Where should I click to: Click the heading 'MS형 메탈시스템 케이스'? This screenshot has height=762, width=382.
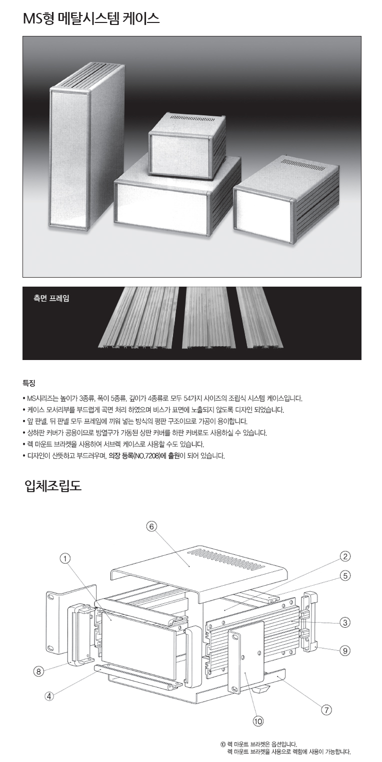tap(91, 18)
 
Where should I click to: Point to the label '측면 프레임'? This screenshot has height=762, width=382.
tap(51, 298)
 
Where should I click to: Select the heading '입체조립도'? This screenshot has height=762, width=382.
tap(53, 485)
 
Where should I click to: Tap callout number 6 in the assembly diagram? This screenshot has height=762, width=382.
tap(151, 527)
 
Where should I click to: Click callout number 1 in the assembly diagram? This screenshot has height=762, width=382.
tap(64, 558)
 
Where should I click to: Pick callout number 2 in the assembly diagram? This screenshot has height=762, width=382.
tap(345, 556)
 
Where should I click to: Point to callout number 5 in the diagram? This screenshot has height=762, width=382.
tap(345, 576)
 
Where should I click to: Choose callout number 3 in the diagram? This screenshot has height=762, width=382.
tap(345, 623)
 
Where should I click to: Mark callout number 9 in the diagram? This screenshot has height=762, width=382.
tap(345, 651)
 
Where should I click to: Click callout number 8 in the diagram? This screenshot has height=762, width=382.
tap(38, 671)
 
